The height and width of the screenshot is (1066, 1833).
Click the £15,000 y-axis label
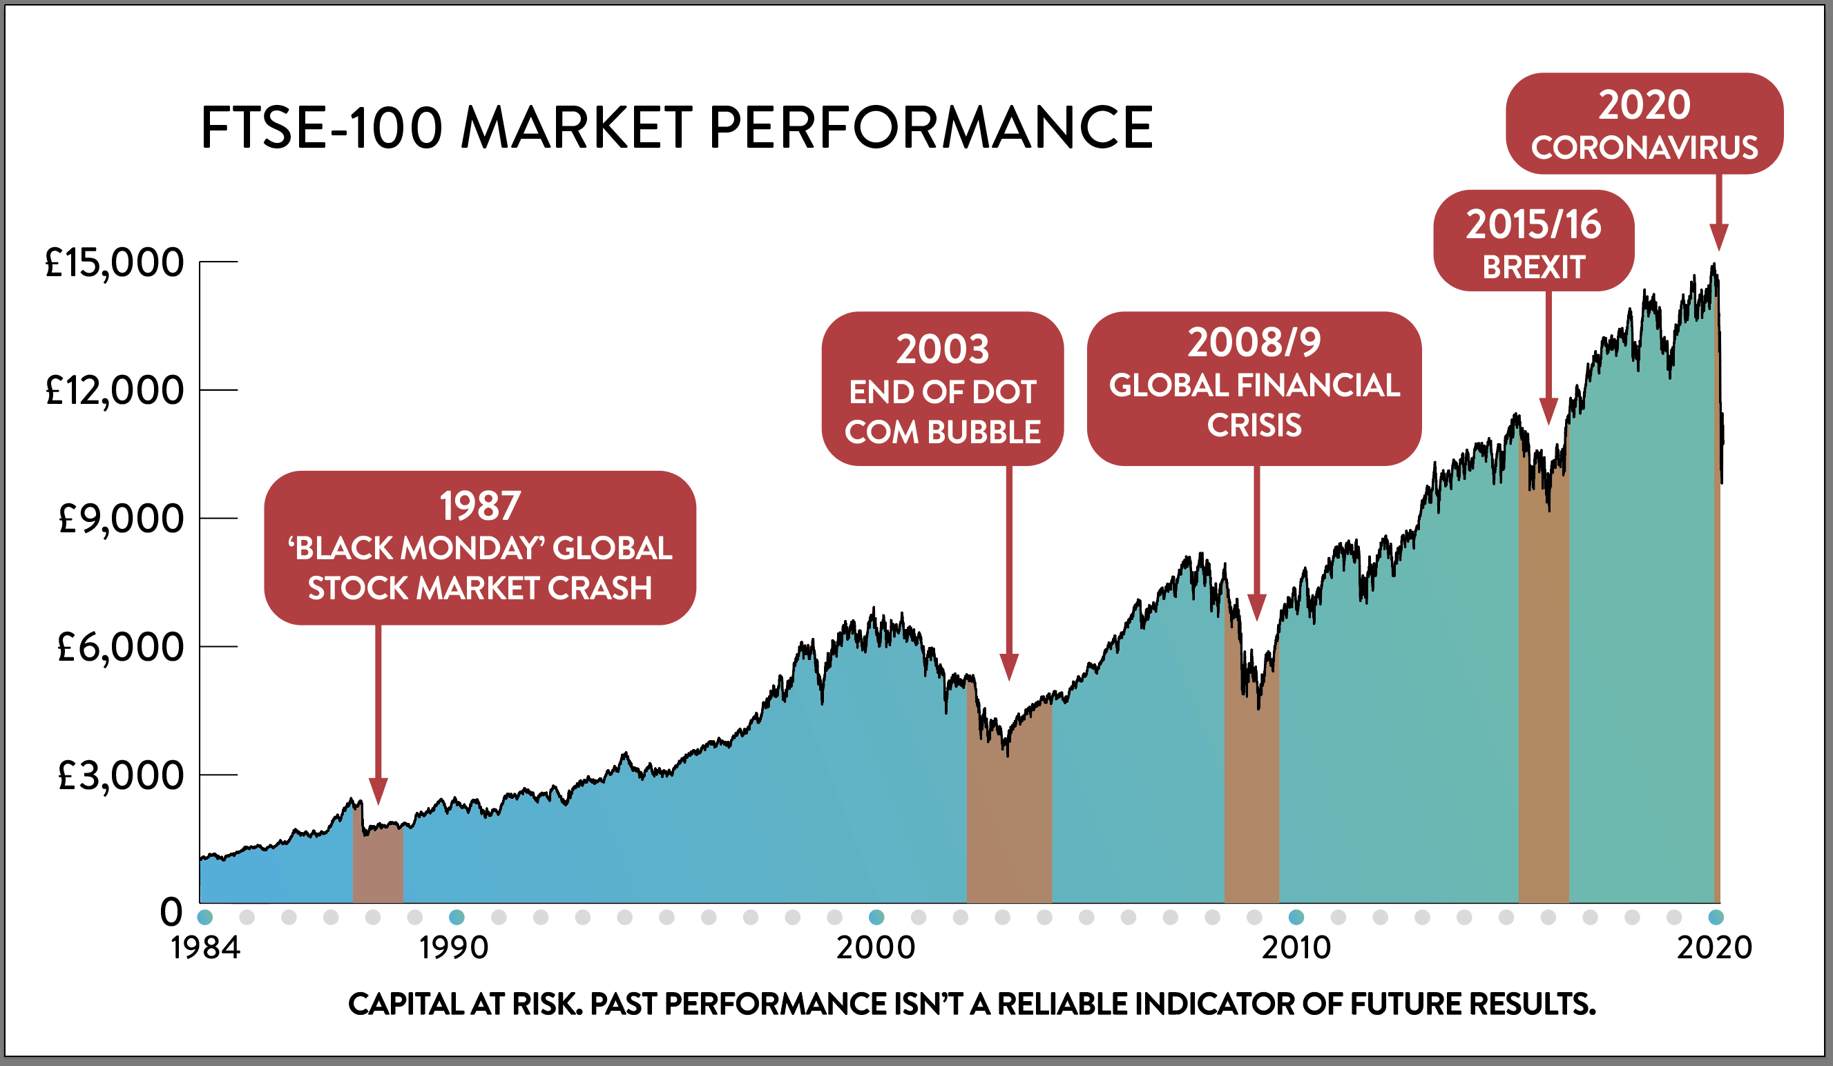(114, 262)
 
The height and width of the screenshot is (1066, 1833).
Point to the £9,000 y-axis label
(120, 519)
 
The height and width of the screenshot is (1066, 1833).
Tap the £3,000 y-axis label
(120, 776)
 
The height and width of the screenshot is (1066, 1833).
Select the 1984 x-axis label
(205, 947)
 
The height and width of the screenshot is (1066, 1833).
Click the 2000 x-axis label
(876, 947)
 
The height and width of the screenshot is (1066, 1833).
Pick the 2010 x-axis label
(1296, 947)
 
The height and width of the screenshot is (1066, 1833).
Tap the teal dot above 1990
(457, 917)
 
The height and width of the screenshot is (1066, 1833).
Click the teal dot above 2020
(1715, 917)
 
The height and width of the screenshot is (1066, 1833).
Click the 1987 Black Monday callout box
(480, 547)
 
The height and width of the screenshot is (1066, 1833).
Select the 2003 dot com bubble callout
(943, 389)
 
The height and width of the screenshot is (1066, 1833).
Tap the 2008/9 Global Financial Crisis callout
(1254, 389)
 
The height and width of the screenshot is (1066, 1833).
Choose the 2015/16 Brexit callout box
(1533, 241)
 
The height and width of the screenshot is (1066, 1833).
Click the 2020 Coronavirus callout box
(1644, 124)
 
